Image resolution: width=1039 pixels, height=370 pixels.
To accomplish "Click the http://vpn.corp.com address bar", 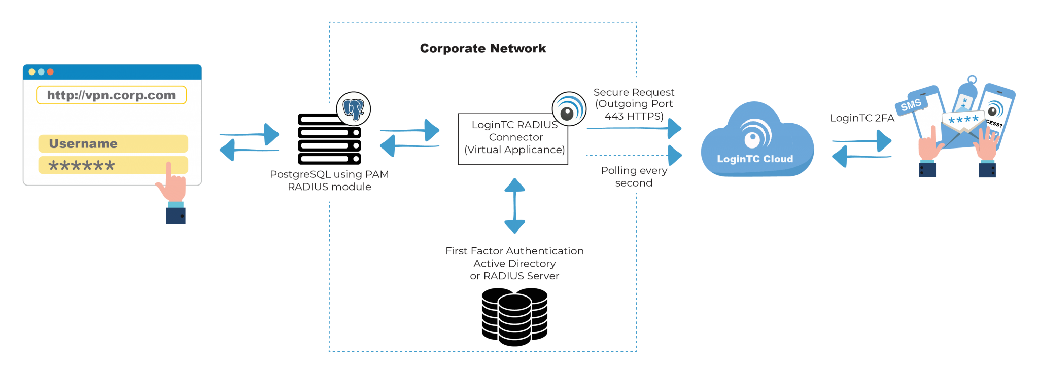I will click(111, 95).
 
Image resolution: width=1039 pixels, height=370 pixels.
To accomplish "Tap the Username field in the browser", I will click(113, 143).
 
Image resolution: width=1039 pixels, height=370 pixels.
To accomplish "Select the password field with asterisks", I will click(113, 165).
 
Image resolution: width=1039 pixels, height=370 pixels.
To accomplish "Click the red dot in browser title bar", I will click(50, 72).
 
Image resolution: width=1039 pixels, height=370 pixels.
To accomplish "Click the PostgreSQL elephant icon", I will click(354, 108).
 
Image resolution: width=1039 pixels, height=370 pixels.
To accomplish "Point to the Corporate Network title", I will click(482, 49).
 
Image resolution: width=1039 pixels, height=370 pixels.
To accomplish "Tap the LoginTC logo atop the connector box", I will click(569, 108).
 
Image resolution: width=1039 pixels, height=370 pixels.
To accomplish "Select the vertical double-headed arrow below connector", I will click(514, 206).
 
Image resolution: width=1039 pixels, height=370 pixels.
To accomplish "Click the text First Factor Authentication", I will click(514, 251).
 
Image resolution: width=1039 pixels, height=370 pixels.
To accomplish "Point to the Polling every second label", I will click(634, 177).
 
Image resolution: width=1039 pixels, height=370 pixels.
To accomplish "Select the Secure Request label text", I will click(634, 93).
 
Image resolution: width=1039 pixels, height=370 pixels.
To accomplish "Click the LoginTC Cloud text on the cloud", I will click(754, 159).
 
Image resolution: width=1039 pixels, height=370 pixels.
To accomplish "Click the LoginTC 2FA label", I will click(861, 118).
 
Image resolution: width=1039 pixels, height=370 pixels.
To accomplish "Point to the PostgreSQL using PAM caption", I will click(329, 175).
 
